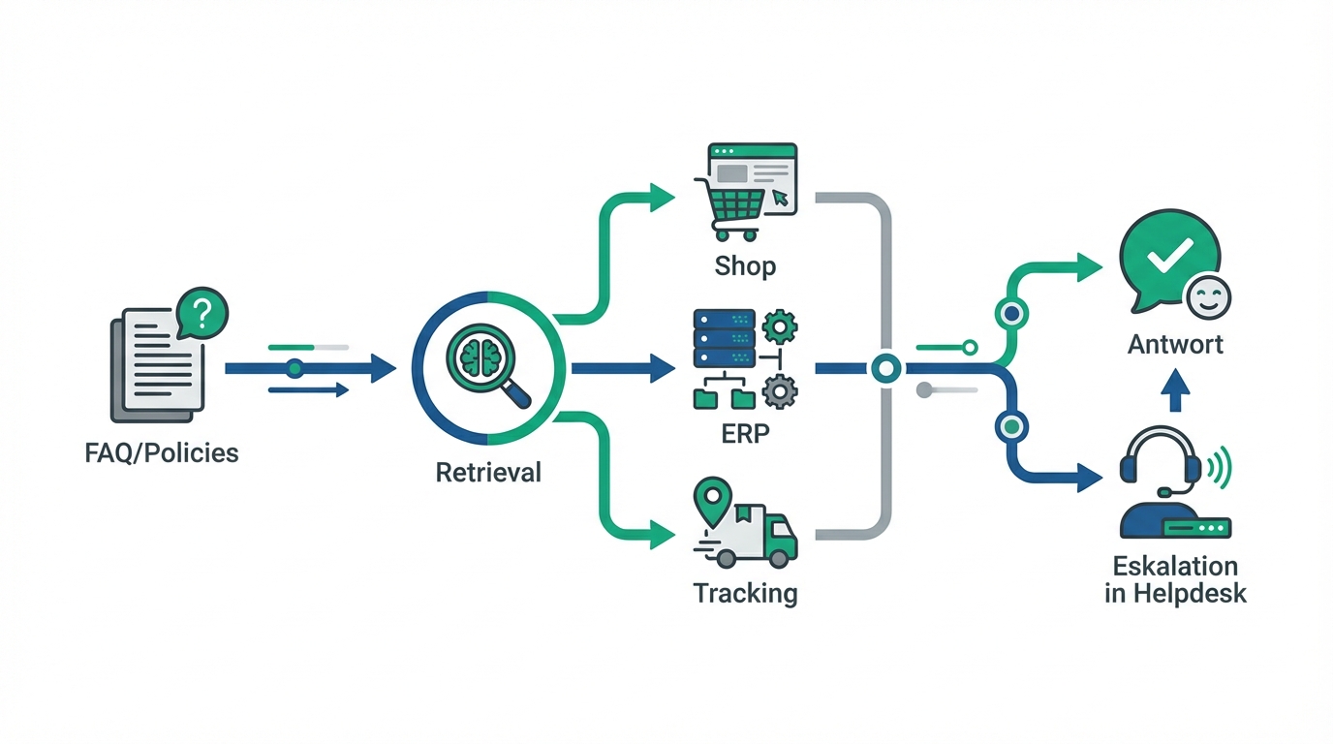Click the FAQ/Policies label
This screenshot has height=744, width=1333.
pos(161,452)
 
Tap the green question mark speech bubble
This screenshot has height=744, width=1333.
pos(201,314)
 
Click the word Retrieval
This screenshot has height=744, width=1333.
pos(488,473)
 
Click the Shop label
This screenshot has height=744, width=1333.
pos(745,264)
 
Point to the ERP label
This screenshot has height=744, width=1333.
pos(745,433)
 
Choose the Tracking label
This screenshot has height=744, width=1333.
pos(745,592)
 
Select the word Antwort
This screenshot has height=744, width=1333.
pos(1175,344)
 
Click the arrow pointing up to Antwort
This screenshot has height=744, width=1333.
pos(1174,394)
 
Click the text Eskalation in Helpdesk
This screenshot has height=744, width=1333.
pos(1175,579)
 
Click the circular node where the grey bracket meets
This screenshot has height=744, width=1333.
pos(886,368)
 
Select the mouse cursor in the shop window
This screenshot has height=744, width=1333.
pos(780,199)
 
